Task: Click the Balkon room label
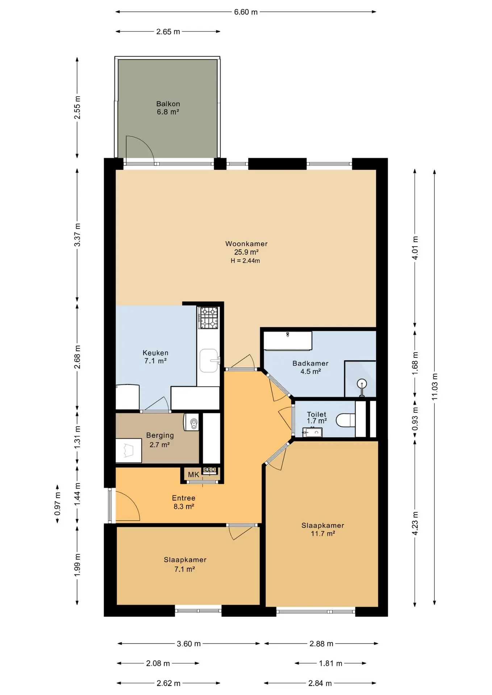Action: (168, 108)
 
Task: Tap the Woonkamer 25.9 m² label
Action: (246, 248)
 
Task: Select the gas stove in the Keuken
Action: (208, 317)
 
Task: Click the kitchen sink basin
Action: (209, 361)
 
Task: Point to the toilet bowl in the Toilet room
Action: (345, 420)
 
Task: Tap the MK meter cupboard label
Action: (193, 475)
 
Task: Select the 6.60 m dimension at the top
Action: (246, 12)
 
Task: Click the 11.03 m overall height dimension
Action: (435, 387)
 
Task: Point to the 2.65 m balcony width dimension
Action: (168, 31)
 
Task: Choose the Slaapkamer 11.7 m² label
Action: (323, 529)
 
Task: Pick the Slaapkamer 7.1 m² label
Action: (185, 564)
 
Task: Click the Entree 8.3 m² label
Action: (184, 502)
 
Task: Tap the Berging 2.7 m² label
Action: (160, 440)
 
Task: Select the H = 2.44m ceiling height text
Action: (245, 261)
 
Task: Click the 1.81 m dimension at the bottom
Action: (330, 664)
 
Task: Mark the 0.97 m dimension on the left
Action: (57, 504)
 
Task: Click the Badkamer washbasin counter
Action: (287, 341)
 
